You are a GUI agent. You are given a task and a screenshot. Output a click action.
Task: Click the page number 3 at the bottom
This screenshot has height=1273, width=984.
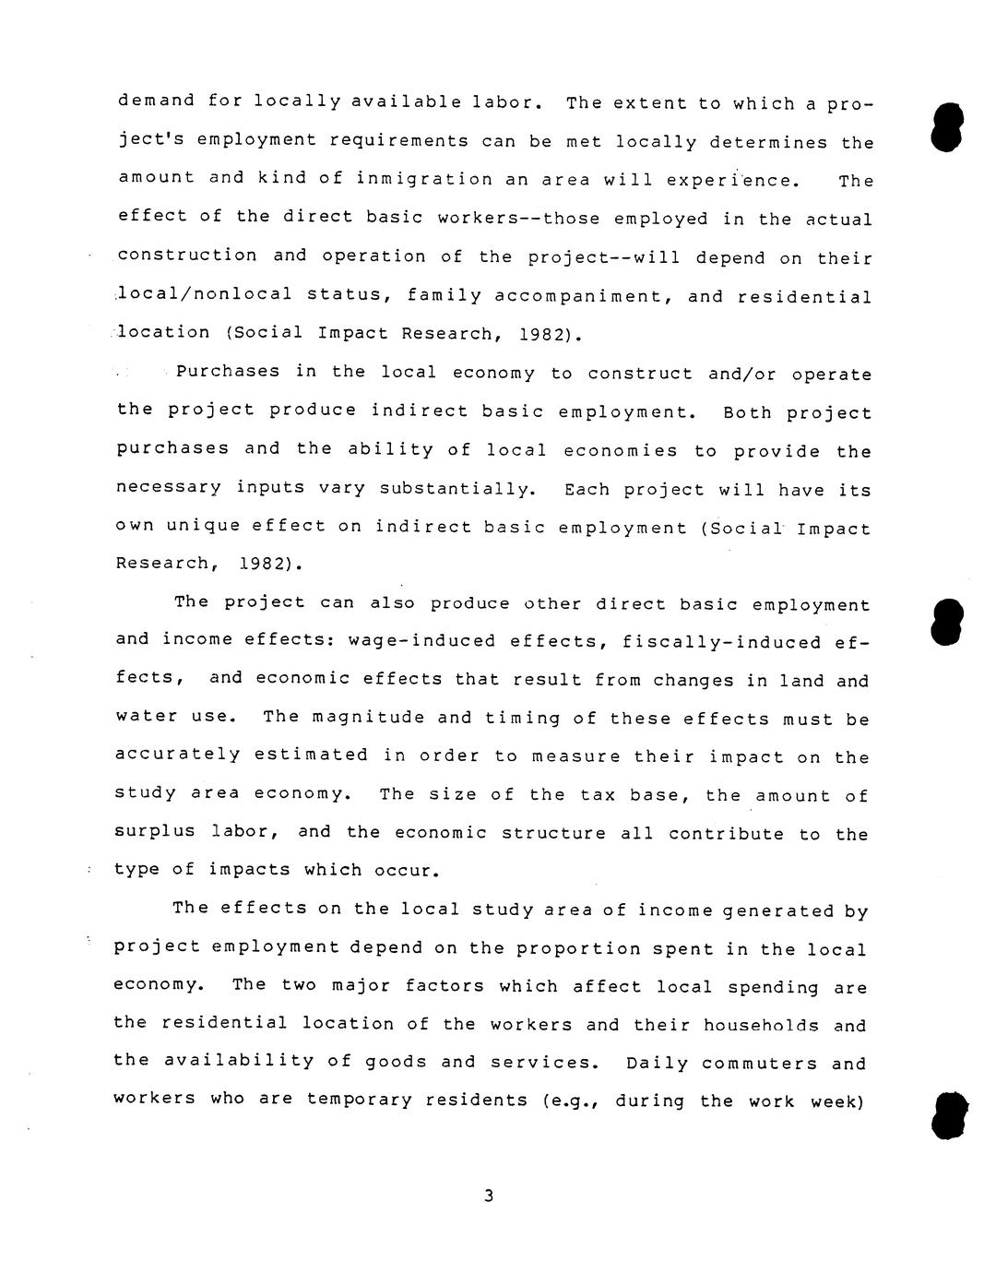coord(489,1196)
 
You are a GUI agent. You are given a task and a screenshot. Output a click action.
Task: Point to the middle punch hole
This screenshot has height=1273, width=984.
coord(948,620)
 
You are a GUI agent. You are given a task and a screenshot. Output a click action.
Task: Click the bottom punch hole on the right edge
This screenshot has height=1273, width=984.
coord(950,1114)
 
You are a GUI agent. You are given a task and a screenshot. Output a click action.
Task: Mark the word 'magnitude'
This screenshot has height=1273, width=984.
coord(368,717)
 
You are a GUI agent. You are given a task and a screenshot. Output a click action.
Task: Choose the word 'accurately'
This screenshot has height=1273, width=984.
coord(177,755)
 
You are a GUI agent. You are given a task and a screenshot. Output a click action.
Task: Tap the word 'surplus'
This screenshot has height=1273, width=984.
coord(154,830)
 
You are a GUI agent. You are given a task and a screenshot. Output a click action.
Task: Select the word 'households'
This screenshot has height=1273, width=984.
coord(761,1026)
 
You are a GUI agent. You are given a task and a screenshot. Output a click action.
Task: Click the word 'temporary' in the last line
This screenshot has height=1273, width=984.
coord(361,1100)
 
